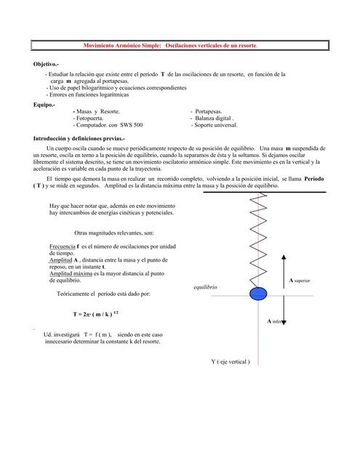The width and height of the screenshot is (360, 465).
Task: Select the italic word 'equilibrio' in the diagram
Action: pyautogui.click(x=205, y=288)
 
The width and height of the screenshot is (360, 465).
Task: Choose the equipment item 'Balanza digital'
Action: pyautogui.click(x=214, y=118)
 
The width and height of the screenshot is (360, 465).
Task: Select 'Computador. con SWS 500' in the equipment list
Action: pyautogui.click(x=108, y=125)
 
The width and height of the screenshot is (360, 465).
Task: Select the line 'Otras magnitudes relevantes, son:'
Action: pyautogui.click(x=114, y=233)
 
